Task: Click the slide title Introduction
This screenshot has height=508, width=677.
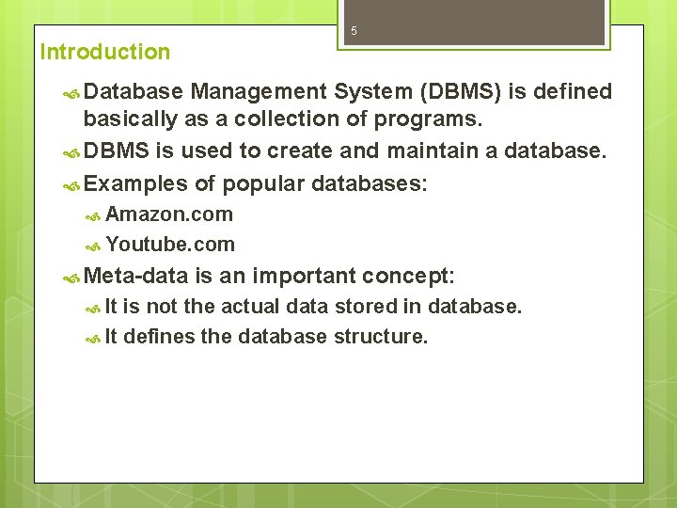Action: click(105, 52)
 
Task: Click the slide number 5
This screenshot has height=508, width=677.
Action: click(354, 31)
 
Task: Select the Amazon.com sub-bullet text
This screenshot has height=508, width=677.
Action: click(169, 214)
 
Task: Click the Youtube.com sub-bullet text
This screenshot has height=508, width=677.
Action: click(170, 245)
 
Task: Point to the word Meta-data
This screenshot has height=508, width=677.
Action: click(136, 276)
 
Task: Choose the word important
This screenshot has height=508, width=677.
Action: click(304, 276)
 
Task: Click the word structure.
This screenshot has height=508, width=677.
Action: click(380, 336)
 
